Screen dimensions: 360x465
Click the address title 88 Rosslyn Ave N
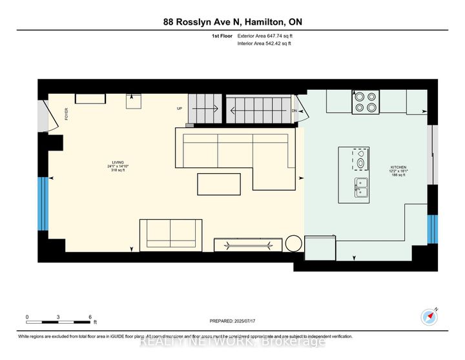point(232,23)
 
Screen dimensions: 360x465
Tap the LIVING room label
point(116,162)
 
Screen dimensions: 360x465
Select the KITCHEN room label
point(398,167)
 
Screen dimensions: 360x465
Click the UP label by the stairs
point(180,109)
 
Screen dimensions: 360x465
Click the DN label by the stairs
point(294,111)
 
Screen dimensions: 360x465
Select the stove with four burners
point(366,103)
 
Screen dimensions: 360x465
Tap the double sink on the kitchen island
point(360,187)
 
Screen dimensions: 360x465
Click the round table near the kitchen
point(294,244)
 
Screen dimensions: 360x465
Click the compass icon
point(430,317)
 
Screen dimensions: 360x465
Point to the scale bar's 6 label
point(90,317)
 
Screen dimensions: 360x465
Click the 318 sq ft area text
point(116,171)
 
